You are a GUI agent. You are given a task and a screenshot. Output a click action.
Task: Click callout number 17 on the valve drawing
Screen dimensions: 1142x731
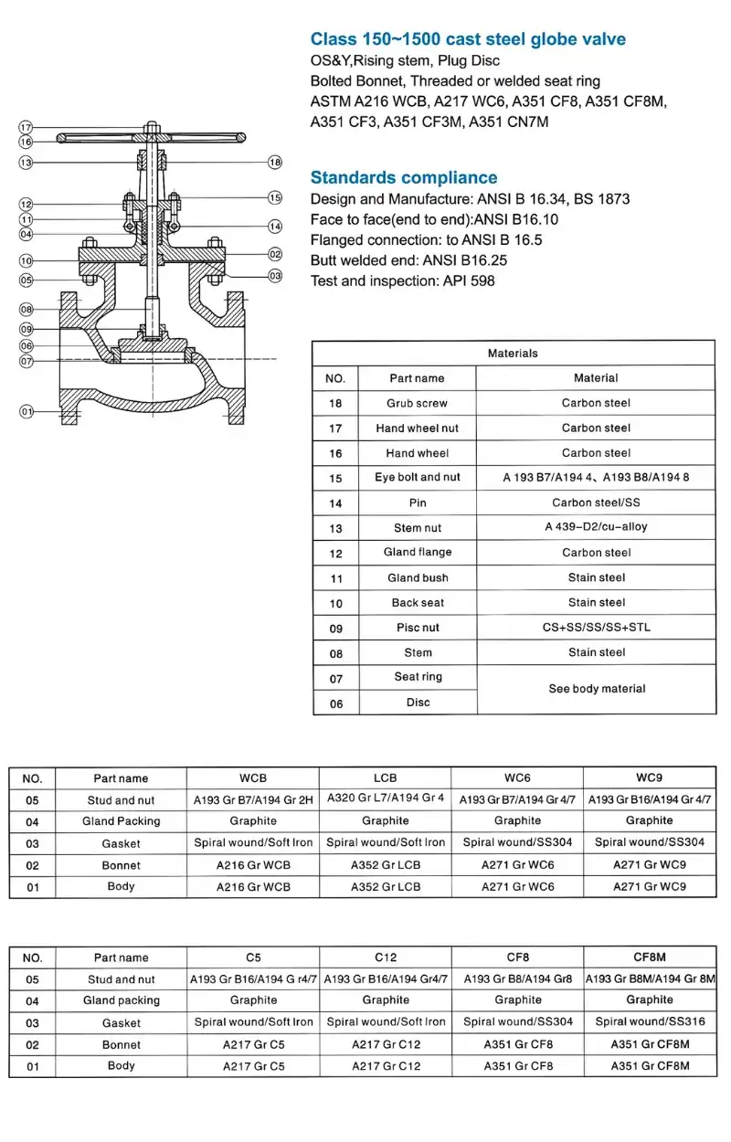[26, 127]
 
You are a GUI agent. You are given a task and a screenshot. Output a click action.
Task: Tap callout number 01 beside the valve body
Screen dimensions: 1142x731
[26, 412]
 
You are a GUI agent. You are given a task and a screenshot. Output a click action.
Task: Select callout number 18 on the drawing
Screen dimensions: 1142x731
[275, 162]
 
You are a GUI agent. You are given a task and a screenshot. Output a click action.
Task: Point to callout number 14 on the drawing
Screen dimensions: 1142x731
[275, 226]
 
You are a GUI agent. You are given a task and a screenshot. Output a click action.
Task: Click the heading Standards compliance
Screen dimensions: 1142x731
[404, 177]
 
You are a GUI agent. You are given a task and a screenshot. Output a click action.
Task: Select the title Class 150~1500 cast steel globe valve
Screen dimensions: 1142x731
[468, 38]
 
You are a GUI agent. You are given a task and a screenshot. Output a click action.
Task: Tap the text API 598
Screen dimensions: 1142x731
[467, 280]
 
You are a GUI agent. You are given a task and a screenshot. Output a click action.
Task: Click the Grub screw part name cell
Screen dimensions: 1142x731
[417, 403]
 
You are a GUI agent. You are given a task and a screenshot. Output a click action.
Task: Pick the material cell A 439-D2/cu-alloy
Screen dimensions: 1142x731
[596, 527]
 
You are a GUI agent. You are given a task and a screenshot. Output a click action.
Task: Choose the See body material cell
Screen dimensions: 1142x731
[596, 689]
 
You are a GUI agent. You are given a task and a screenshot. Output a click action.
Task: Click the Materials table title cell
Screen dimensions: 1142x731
[513, 353]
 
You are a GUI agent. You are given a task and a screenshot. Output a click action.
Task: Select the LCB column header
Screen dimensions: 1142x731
[386, 777]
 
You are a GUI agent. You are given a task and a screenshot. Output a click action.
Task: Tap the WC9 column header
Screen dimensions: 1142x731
[649, 777]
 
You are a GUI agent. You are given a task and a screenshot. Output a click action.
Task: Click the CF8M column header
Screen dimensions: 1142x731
[649, 957]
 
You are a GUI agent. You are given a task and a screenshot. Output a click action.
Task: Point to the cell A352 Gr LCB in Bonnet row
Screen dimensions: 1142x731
[386, 864]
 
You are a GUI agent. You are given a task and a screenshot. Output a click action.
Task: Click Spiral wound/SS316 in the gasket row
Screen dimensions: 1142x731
[649, 1021]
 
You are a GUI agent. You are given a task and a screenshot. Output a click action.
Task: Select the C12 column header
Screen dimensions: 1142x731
[386, 957]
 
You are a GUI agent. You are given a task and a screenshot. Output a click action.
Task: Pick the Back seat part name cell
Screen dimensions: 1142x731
[417, 602]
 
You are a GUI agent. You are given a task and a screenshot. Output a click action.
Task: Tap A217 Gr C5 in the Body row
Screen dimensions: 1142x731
[254, 1065]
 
